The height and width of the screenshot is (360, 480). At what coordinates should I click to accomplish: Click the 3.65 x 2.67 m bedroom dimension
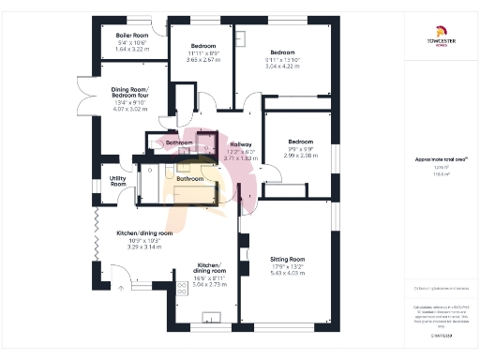point(205,59)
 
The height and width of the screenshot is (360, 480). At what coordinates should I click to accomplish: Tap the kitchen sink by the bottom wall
point(211,317)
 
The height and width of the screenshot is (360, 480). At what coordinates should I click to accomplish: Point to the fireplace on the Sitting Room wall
point(242,253)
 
